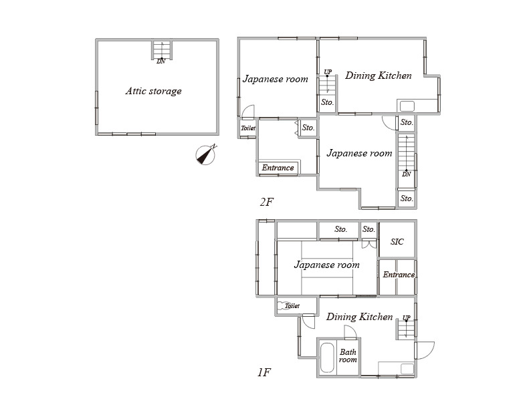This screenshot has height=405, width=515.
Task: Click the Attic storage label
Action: (153, 91)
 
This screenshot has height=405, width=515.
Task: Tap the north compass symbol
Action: (206, 154)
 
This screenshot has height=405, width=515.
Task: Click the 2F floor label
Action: (266, 202)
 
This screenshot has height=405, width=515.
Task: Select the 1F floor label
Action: (264, 372)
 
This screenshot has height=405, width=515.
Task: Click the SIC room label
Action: (397, 242)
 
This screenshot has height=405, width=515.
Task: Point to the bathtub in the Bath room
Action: (327, 358)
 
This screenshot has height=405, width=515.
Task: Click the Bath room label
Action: (348, 356)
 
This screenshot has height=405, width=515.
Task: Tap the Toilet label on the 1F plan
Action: (292, 306)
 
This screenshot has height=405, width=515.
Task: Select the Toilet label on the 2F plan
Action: (248, 128)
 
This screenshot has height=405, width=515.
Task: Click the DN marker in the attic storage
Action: (161, 61)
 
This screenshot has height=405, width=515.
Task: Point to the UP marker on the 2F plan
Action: (328, 72)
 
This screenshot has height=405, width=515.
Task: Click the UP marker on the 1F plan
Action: (407, 317)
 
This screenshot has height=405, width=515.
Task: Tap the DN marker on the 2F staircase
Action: (407, 174)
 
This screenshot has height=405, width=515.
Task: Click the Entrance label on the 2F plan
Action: (278, 168)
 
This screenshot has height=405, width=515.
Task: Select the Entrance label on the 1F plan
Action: (399, 275)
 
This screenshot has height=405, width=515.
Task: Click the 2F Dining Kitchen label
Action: (379, 76)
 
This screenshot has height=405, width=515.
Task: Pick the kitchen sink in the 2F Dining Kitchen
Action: (407, 106)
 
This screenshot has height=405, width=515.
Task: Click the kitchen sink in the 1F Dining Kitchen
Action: (407, 368)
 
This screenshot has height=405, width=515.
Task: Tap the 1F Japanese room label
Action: (327, 265)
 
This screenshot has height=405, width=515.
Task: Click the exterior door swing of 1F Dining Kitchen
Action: (425, 350)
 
